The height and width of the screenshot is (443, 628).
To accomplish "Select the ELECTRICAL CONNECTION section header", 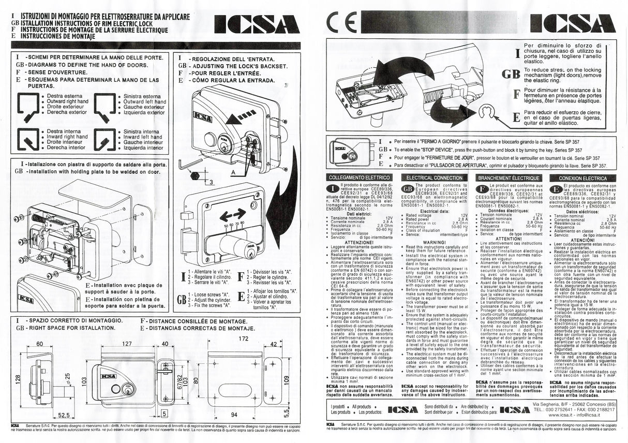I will (x=434, y=178).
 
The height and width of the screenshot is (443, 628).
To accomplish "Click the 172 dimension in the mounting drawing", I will (x=244, y=338).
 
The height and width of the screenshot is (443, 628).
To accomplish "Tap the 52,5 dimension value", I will (x=64, y=414).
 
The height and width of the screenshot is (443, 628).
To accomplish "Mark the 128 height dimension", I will (x=17, y=381).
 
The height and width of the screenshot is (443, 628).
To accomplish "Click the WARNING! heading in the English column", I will (x=434, y=242).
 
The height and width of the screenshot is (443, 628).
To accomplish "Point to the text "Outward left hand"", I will (x=144, y=102).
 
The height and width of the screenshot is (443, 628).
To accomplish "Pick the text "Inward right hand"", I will (x=67, y=137).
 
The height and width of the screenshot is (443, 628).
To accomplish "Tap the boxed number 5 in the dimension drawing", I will (x=164, y=414).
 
